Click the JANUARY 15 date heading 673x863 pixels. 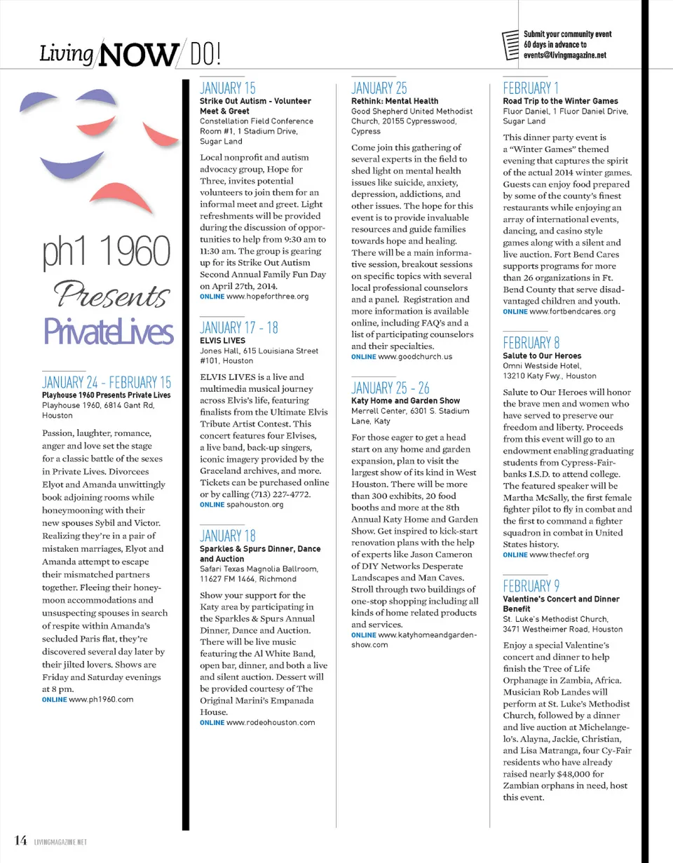(x=228, y=88)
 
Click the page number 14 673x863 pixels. (x=18, y=840)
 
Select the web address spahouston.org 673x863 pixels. (x=254, y=504)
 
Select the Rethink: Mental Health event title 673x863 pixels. (x=395, y=101)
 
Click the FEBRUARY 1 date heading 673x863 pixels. (x=531, y=88)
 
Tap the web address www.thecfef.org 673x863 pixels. (x=559, y=555)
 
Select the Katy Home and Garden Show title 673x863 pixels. (x=405, y=401)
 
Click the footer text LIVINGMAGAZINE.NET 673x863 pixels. (x=60, y=841)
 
